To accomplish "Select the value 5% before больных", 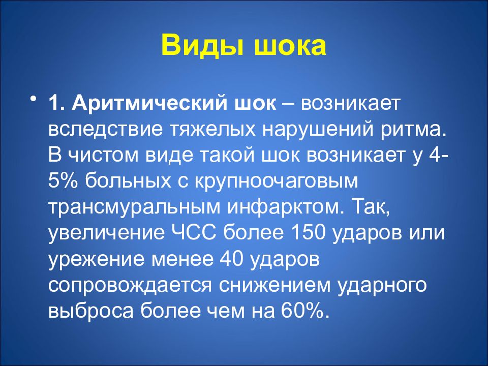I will pos(64,180).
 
